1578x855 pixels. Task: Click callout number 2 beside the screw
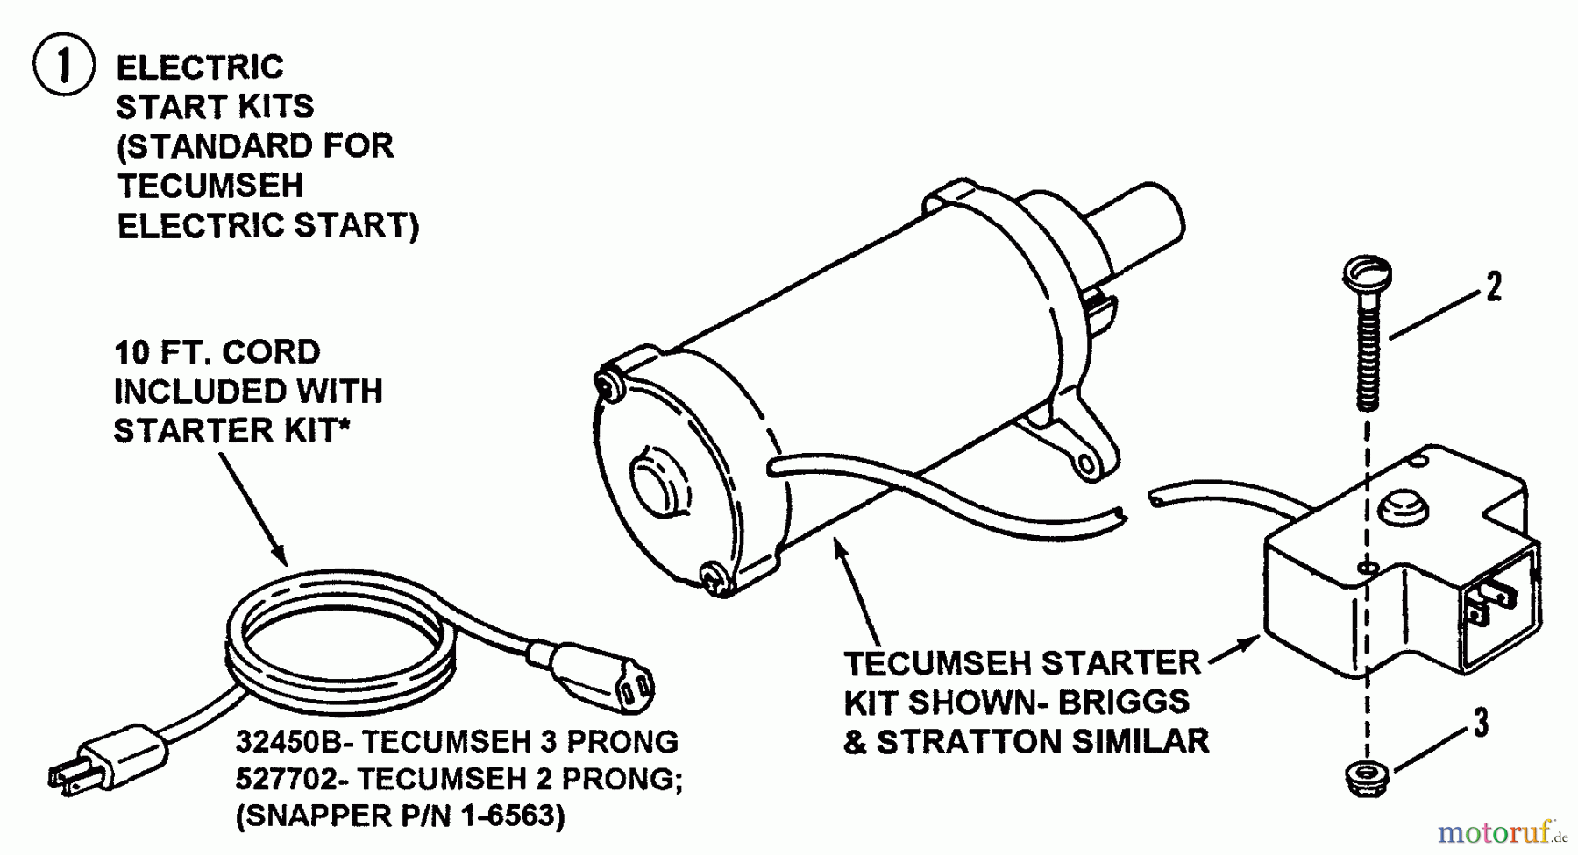click(1493, 287)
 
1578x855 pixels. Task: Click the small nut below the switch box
click(1365, 777)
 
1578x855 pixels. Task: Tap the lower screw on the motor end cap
click(714, 579)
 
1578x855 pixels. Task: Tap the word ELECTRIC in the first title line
click(200, 67)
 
